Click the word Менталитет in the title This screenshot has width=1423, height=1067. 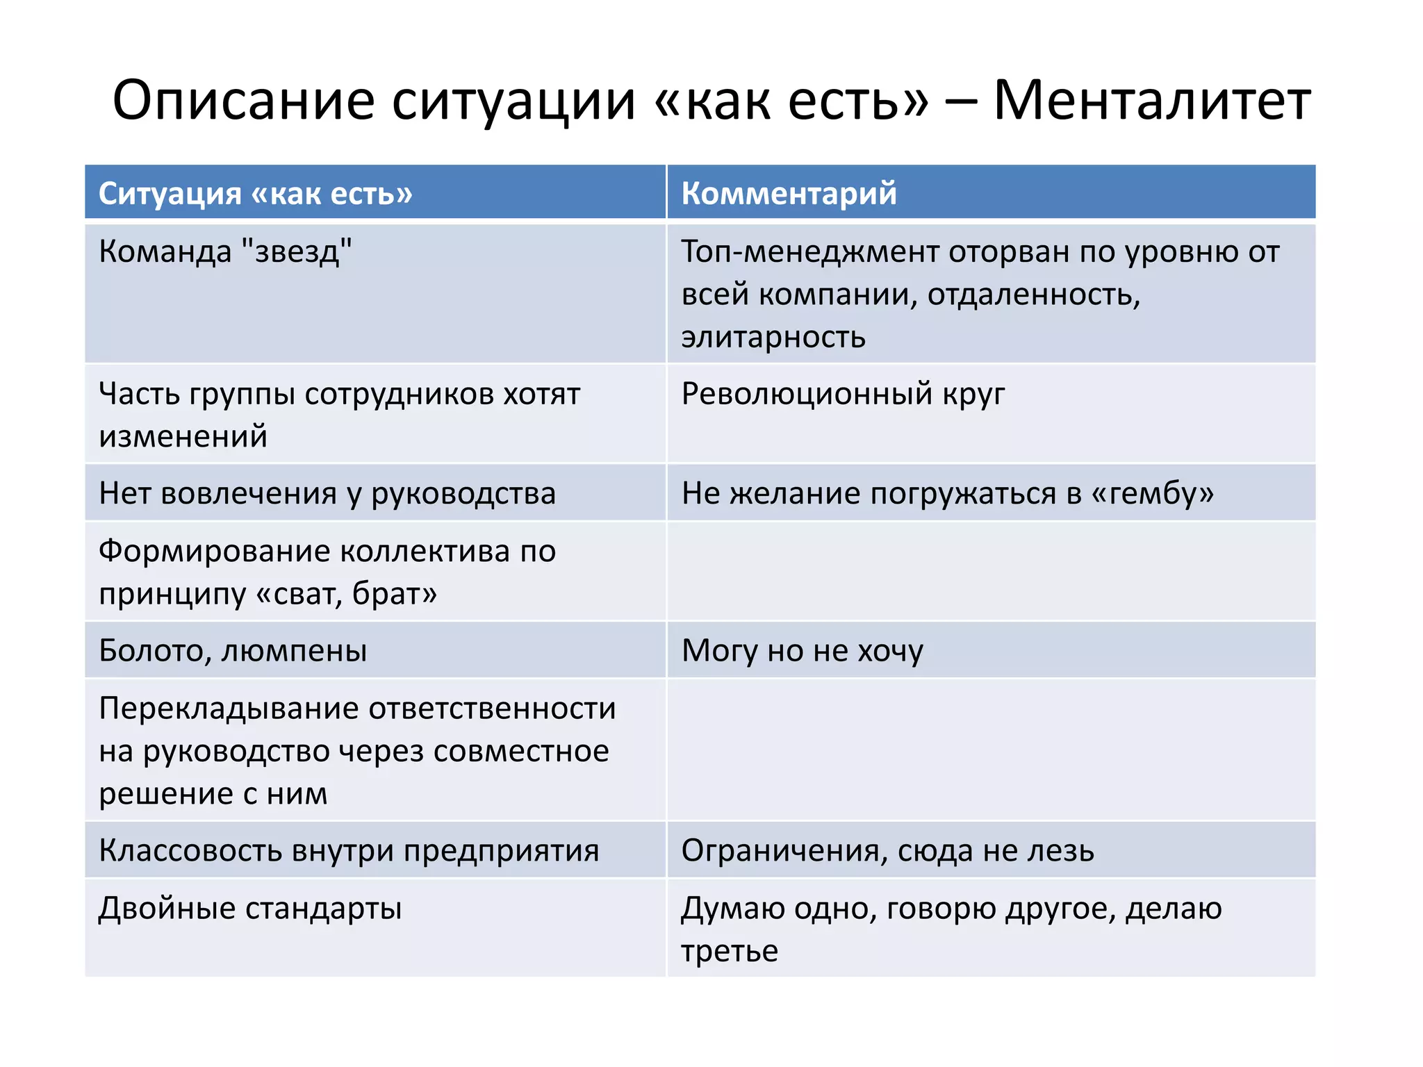[1151, 101]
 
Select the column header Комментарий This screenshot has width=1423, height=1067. [789, 193]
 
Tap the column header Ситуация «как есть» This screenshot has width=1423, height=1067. [255, 193]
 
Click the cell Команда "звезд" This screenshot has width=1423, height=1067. [225, 251]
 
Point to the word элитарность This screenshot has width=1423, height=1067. [773, 338]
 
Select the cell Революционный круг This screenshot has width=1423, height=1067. [843, 394]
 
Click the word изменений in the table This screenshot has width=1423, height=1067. [183, 437]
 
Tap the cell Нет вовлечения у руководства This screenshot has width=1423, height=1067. [327, 493]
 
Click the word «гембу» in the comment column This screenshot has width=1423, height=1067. [1152, 493]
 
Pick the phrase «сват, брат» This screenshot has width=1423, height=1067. [347, 594]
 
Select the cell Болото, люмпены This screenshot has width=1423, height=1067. [233, 651]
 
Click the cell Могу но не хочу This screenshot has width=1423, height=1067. [803, 651]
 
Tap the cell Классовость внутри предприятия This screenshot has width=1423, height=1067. [349, 851]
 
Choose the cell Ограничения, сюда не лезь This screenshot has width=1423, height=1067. [887, 851]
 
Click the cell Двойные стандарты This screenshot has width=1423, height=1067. [250, 909]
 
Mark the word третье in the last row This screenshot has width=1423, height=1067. [729, 952]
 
